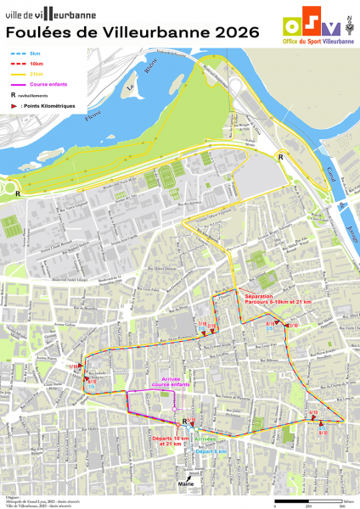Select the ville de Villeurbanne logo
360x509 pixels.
click(x=51, y=14)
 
